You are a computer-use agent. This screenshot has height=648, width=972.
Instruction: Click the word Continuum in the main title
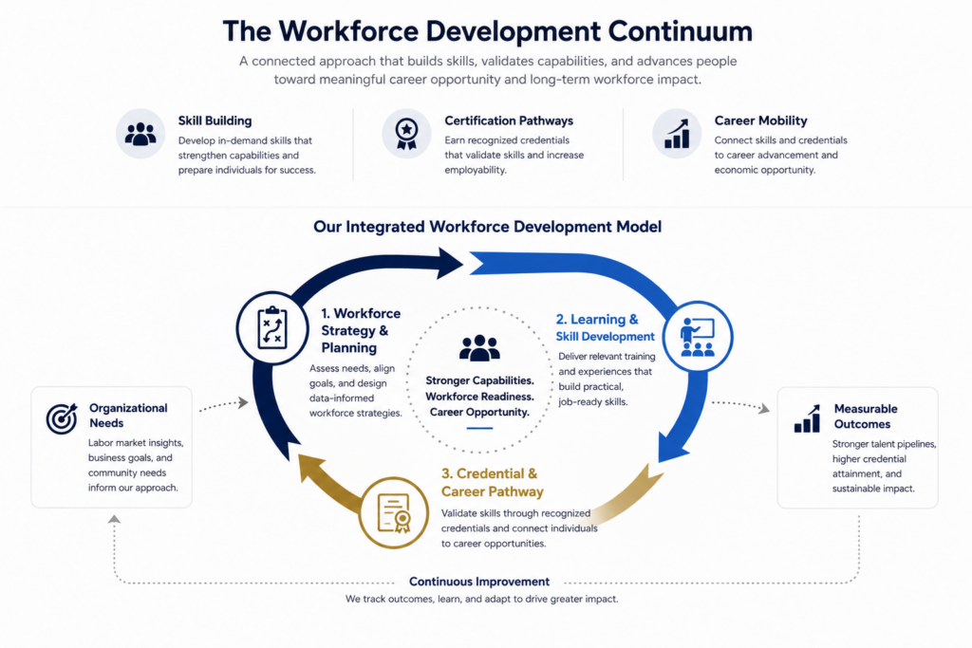[680, 31]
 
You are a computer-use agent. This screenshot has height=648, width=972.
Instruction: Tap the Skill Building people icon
[140, 133]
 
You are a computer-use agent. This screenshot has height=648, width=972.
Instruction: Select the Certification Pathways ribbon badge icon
[406, 134]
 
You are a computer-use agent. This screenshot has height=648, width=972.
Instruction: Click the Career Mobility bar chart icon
[677, 134]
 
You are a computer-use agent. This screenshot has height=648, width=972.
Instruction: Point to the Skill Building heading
[215, 120]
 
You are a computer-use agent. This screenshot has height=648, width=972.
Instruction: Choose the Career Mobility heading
[760, 120]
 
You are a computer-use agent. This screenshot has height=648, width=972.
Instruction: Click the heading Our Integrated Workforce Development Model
[487, 227]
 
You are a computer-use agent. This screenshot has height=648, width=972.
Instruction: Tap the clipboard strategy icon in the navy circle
[272, 328]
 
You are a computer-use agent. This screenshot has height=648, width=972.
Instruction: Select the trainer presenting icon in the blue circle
[698, 337]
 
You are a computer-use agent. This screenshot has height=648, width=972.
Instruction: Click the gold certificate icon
[394, 513]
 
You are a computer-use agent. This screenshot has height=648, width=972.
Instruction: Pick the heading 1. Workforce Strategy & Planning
[361, 331]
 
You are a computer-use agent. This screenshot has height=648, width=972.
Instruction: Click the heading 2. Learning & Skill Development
[605, 327]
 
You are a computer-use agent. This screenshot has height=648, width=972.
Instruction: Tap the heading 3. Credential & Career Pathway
[493, 483]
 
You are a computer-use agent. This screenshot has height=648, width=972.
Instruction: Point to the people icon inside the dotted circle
[479, 348]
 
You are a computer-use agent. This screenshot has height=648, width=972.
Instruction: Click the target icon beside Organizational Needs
[62, 418]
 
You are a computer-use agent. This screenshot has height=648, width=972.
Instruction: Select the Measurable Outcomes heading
[866, 417]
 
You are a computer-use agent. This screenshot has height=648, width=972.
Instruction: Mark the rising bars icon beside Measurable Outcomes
[807, 418]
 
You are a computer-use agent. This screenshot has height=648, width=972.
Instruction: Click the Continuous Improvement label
[479, 582]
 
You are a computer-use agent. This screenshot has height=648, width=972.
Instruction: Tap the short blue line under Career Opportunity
[479, 428]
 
